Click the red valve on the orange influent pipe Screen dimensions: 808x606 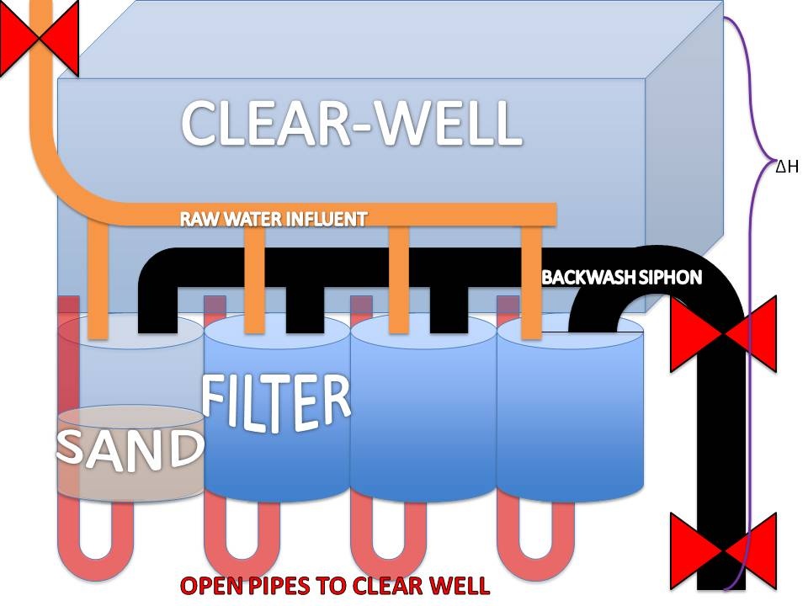[40, 38]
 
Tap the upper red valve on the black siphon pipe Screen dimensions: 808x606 [723, 334]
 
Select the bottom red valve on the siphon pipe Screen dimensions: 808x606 [723, 550]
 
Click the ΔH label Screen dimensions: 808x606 [788, 167]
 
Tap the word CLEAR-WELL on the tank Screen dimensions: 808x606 [352, 123]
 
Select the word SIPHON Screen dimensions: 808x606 [669, 277]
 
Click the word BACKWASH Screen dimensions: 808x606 [588, 277]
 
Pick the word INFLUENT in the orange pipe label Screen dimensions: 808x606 [326, 219]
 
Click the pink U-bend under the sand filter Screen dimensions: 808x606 [95, 541]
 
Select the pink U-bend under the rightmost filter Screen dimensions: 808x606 [536, 541]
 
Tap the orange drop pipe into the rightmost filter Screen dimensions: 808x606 [531, 283]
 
